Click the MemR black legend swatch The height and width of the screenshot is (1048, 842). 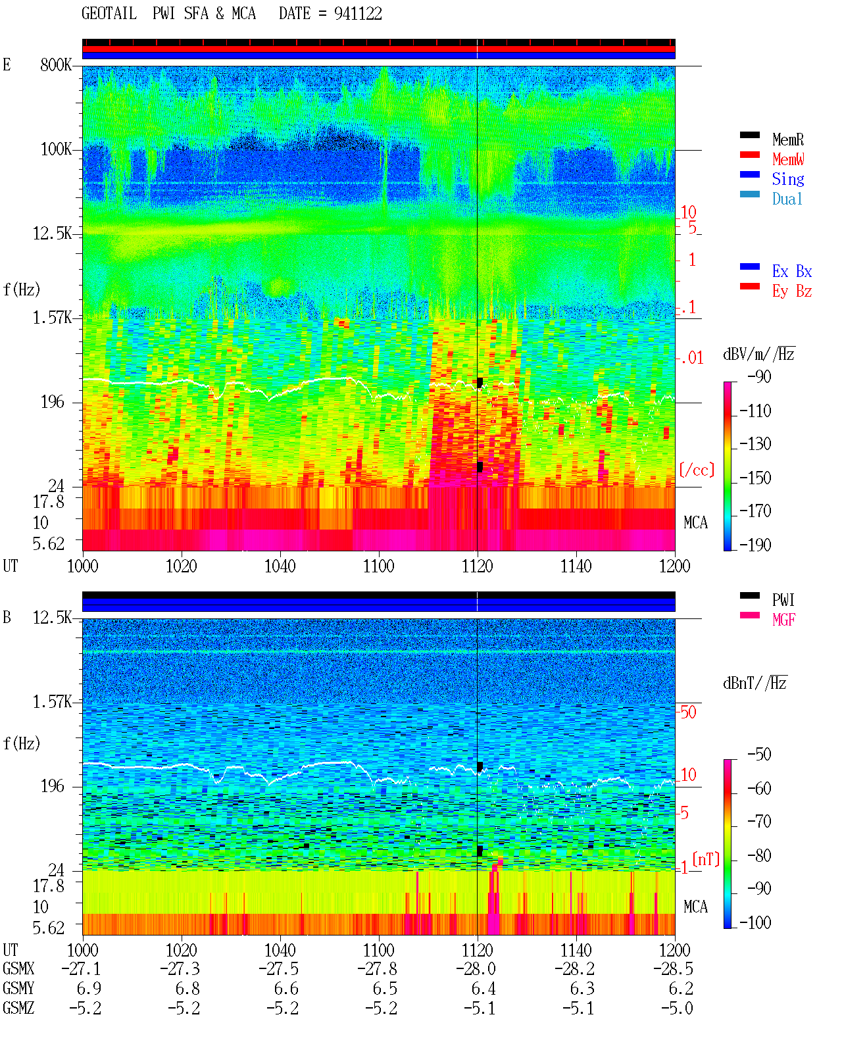pos(749,135)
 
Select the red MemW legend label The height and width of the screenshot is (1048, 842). pos(788,159)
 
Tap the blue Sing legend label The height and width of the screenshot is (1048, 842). pos(787,179)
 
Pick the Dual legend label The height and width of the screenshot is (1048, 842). pos(787,199)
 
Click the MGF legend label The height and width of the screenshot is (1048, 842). pos(783,620)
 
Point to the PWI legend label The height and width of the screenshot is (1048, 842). pos(783,599)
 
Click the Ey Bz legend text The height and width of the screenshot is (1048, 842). pos(792,291)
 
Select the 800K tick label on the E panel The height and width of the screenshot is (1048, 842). pos(56,64)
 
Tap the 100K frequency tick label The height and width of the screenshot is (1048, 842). pos(56,149)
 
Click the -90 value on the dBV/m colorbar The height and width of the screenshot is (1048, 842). pos(759,376)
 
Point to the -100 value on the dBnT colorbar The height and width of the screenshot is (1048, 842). pos(755,922)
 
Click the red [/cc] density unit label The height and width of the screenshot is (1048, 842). pos(697,470)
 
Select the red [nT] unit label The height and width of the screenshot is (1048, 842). pos(706,859)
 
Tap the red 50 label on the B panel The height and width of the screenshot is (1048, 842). pos(688,712)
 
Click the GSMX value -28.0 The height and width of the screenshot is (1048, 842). pos(476,968)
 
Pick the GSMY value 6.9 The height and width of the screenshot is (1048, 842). pos(89,989)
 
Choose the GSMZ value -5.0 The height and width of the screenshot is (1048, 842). pos(676,1008)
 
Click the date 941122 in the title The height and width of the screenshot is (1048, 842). pos(358,14)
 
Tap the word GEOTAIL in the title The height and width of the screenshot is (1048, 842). pos(109,14)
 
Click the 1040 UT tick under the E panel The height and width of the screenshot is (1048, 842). pos(280,566)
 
